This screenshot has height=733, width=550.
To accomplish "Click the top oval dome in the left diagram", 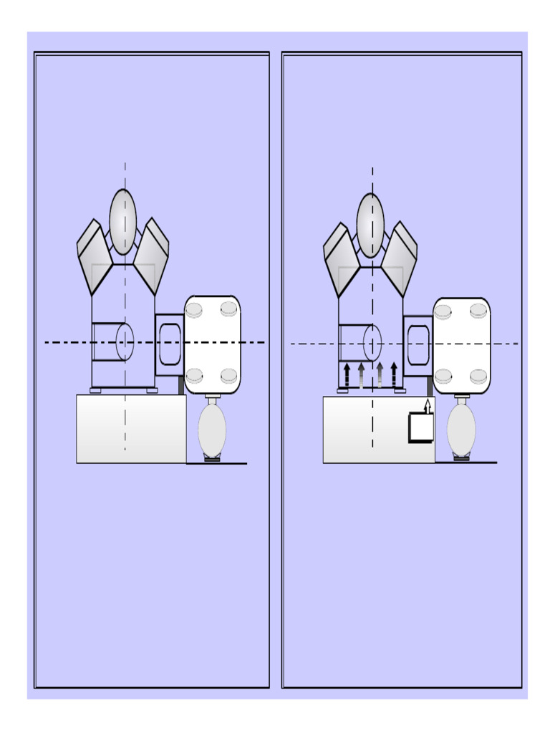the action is (123, 222).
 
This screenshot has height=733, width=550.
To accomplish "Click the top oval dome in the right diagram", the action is (370, 225).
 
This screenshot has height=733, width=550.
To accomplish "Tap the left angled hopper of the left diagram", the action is (93, 256).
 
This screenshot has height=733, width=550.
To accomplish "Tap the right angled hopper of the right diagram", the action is (399, 258).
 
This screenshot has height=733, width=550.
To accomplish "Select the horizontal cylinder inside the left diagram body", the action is (112, 342).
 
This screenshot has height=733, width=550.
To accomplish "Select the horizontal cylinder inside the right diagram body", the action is (360, 343).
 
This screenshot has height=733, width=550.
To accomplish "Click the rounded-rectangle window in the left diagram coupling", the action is (170, 344).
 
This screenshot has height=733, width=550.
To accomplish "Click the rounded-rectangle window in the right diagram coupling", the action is (418, 345).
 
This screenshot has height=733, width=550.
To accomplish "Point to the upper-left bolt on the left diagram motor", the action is (194, 310).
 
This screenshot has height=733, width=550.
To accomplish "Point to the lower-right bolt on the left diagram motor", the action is (228, 376).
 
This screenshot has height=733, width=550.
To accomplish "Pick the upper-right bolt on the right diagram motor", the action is (478, 311).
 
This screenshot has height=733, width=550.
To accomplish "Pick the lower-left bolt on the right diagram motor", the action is (443, 376).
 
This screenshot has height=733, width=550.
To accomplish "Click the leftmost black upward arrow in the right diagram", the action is (347, 375).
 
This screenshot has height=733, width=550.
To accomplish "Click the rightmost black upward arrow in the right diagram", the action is (394, 375).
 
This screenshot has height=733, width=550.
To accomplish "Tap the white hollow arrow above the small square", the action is (428, 407).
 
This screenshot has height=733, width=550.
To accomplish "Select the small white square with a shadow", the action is (421, 428).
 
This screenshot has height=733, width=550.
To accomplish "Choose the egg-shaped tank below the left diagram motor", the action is (212, 429).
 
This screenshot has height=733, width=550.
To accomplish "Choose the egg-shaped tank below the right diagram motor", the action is (461, 429).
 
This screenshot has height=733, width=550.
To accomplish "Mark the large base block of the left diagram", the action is (131, 429).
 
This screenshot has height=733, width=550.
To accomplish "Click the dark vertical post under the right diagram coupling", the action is (430, 386).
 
